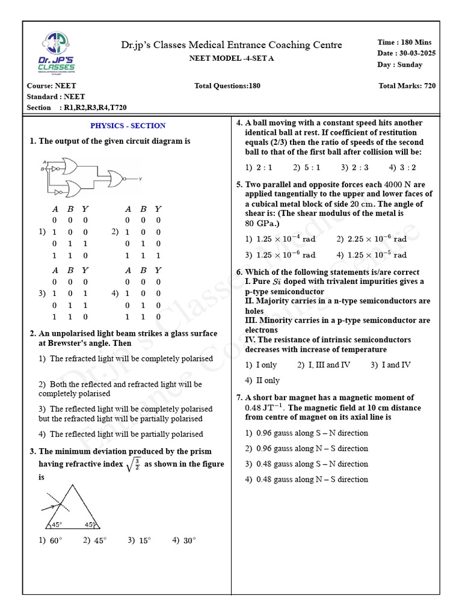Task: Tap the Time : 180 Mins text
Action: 404,42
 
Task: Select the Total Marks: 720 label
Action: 407,86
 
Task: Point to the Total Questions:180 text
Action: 227,86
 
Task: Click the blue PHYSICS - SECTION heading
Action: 128,126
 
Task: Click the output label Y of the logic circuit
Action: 140,179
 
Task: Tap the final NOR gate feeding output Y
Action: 115,178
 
